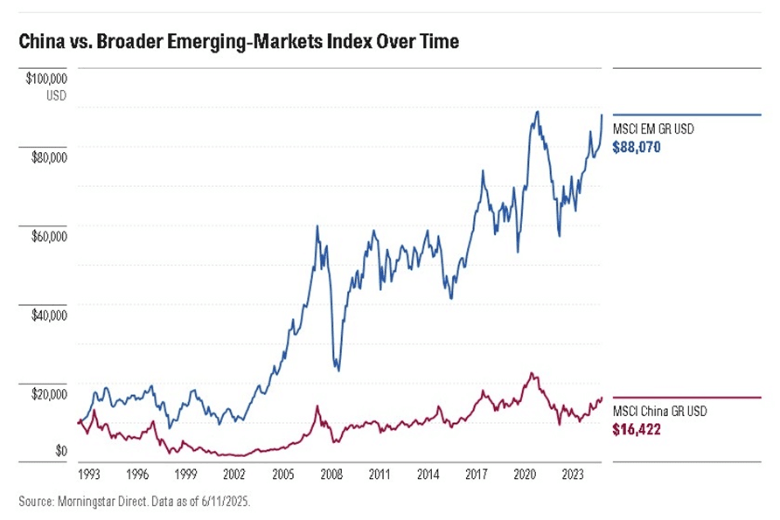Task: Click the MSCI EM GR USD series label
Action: [652, 130]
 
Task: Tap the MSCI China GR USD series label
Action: [659, 412]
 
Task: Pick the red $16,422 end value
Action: [636, 430]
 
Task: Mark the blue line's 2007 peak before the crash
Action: [317, 226]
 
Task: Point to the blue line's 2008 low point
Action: [338, 371]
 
